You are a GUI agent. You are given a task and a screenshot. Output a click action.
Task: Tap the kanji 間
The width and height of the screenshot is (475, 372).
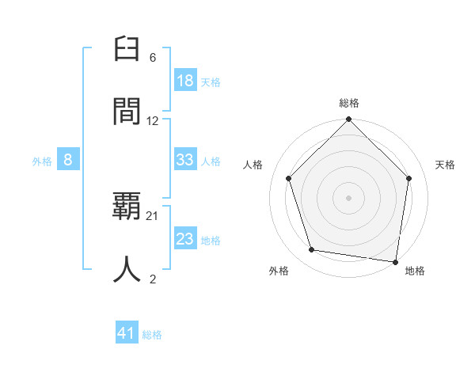coord(127,112)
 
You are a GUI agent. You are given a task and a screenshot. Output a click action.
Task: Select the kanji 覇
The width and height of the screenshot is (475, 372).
coord(127,207)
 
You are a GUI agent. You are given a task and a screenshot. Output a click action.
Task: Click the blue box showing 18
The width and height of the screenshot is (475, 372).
coord(185,80)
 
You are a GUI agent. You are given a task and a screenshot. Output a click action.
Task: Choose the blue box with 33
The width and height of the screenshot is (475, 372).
coord(185,160)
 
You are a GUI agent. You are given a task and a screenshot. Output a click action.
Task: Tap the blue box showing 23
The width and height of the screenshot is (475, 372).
coord(185,238)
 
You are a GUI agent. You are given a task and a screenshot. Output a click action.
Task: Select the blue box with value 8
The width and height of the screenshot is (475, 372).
coord(68,160)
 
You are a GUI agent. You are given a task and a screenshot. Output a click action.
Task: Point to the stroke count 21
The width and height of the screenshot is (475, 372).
coord(153,216)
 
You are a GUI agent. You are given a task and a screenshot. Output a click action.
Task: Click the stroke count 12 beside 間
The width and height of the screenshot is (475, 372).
coord(153,121)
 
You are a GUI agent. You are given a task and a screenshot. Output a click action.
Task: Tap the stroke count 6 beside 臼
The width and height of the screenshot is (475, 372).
coord(153,58)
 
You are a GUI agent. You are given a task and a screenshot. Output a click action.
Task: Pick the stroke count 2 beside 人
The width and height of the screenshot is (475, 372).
coord(153,279)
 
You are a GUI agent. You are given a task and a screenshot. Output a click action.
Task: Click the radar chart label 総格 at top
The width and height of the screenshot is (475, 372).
coord(348,103)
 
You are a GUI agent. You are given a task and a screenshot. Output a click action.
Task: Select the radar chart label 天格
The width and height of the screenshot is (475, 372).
coord(445,165)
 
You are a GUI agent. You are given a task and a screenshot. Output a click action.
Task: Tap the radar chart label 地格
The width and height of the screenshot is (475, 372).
coord(415,271)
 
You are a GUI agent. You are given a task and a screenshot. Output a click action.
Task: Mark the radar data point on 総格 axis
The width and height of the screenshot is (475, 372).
coord(348,120)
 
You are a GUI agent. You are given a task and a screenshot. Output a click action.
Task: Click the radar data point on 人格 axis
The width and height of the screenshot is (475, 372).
coord(289,178)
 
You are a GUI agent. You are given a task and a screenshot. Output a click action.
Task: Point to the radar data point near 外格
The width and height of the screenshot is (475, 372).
coord(312,250)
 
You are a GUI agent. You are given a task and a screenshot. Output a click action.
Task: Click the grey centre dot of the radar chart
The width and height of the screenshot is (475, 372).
coord(348,197)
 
